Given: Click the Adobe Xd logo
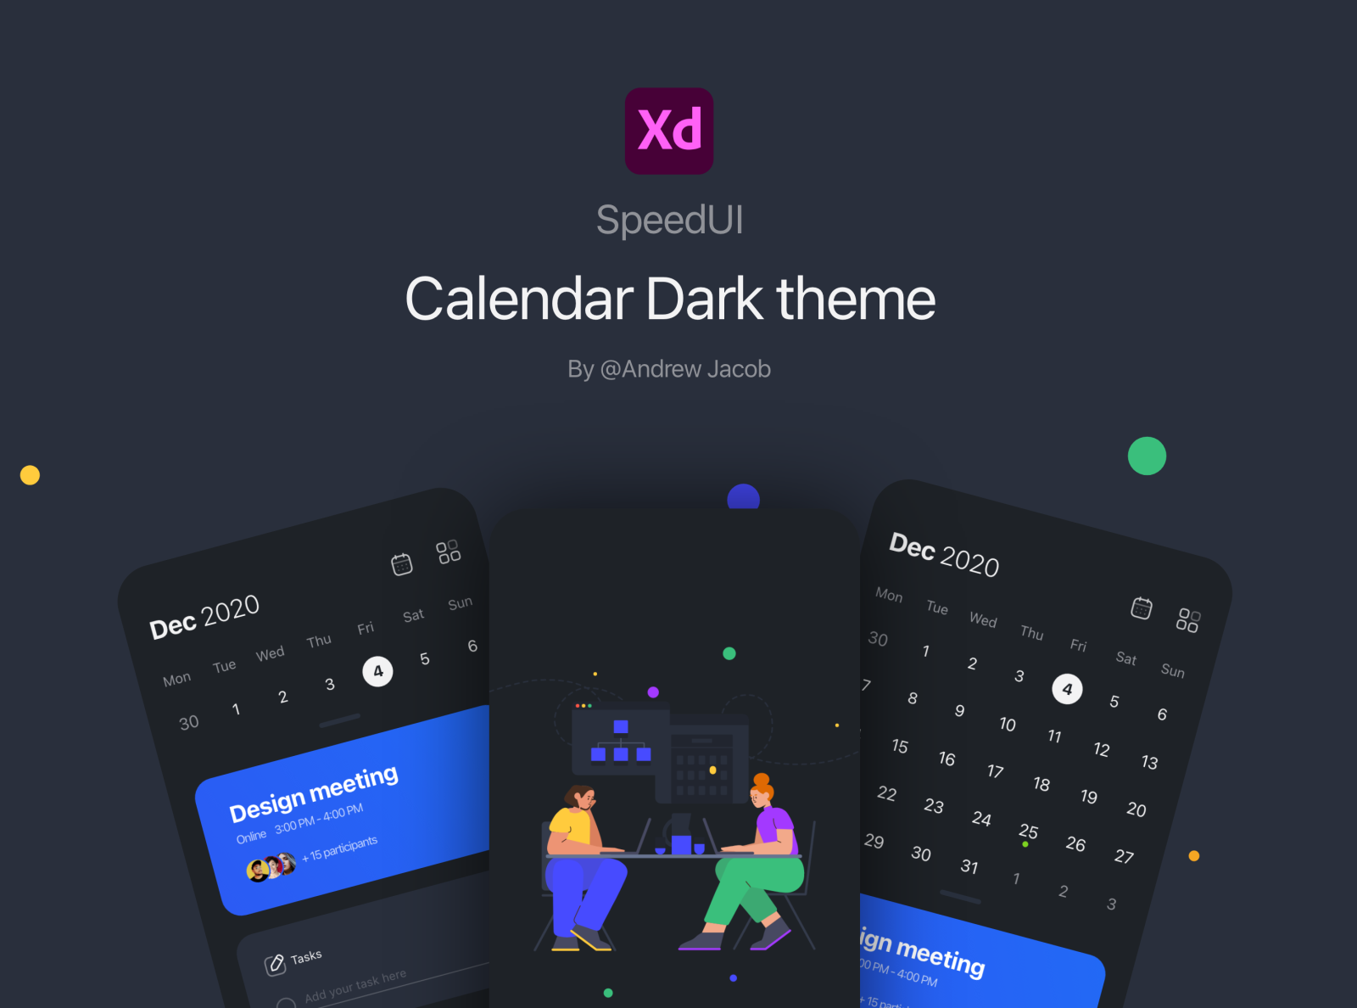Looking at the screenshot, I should point(669,131).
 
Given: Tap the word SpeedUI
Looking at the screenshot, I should point(669,220).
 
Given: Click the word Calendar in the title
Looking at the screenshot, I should point(519,300).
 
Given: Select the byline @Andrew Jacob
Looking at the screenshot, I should point(685,369).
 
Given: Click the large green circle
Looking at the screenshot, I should point(1147,456).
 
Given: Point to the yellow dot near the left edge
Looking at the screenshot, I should point(30,475).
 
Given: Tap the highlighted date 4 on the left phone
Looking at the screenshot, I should point(377,671).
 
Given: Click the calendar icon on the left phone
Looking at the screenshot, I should point(401,563).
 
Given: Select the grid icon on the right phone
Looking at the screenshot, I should point(1187,620).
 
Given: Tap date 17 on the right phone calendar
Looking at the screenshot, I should point(995,771).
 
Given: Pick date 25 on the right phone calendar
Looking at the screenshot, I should point(1028,831).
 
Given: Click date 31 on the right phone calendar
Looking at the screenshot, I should point(969,866).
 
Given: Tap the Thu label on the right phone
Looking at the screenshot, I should point(1031,632).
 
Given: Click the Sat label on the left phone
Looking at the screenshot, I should point(413,616).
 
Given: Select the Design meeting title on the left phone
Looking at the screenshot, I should point(313,792).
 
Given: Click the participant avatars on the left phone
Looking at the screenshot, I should point(271,867).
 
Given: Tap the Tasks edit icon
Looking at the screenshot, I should point(275,964).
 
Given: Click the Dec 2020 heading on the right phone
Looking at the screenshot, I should point(943,554).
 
